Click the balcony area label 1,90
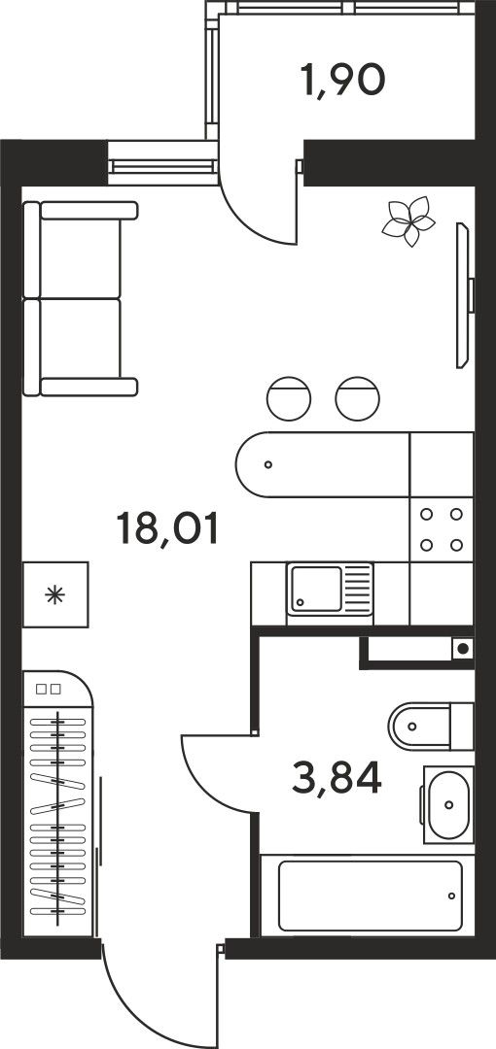click(342, 81)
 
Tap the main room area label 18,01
click(167, 527)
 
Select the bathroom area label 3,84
click(337, 777)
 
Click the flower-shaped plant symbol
click(407, 220)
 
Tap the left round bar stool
click(289, 399)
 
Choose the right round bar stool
click(358, 399)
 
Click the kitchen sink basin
click(316, 589)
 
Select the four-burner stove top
click(442, 529)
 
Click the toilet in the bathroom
click(431, 726)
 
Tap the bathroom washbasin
click(447, 805)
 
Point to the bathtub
click(370, 896)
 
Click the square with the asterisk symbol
click(55, 594)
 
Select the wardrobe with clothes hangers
click(57, 803)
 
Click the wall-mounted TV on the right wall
click(464, 295)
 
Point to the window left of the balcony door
click(162, 162)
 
